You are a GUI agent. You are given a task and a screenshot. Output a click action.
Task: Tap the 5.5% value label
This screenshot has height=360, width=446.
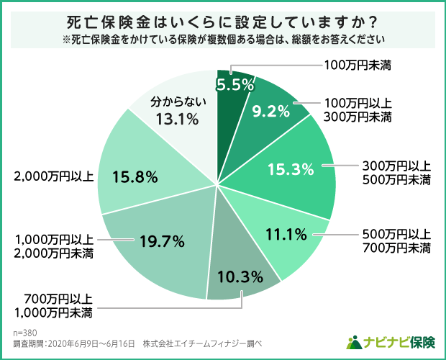pyautogui.click(x=236, y=84)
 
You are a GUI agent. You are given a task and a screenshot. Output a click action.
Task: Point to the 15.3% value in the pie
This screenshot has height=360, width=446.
pyautogui.click(x=291, y=170)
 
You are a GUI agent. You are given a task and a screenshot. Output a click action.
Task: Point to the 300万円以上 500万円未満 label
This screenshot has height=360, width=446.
pyautogui.click(x=395, y=172)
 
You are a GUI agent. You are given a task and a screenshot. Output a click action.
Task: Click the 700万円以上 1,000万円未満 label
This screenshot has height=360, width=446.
pyautogui.click(x=55, y=306)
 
